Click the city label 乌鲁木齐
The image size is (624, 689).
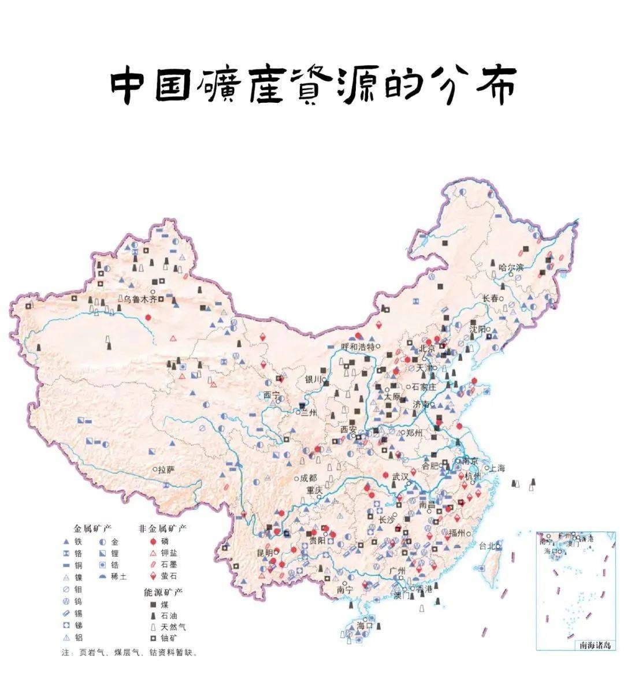click(x=138, y=299)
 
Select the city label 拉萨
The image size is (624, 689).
click(x=166, y=470)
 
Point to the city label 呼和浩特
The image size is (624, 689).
click(x=358, y=347)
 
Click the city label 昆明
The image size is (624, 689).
click(x=265, y=553)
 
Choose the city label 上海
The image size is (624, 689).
click(x=497, y=468)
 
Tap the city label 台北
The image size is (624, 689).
click(x=487, y=545)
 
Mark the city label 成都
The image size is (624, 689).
click(x=309, y=478)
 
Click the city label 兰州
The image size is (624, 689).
click(x=309, y=413)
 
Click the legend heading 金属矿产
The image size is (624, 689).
click(x=92, y=528)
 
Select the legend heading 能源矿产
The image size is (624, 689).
click(x=163, y=593)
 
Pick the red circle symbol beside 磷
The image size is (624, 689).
click(x=153, y=542)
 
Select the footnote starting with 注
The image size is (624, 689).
click(x=129, y=653)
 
